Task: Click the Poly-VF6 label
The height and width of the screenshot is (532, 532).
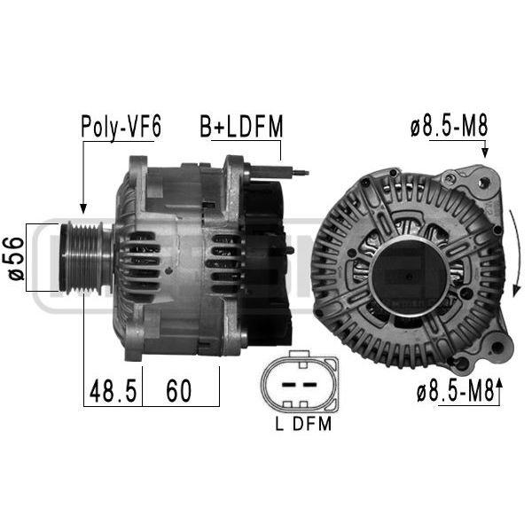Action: pos(121,127)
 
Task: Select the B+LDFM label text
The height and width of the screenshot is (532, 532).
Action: pos(241,126)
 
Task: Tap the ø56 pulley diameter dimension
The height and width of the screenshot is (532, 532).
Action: pos(16,259)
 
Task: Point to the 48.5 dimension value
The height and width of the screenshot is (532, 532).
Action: pos(113,391)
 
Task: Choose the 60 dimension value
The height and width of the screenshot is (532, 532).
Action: pos(179,391)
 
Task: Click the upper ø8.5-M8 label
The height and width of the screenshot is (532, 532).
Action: pos(450,125)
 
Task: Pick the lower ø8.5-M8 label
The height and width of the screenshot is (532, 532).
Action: pos(456,390)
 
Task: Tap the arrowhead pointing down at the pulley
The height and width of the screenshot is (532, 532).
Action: pos(83,208)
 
